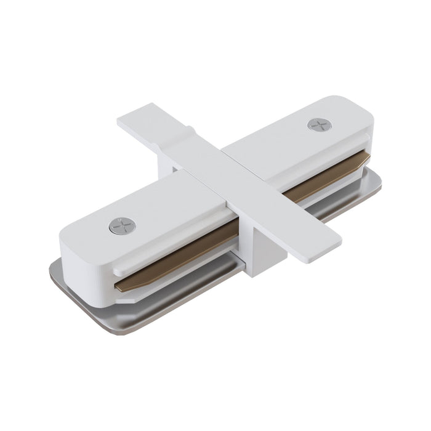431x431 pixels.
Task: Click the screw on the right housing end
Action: click(x=320, y=124)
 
